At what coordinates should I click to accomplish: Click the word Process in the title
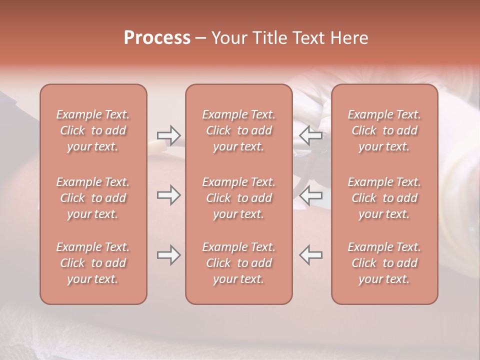pyautogui.click(x=157, y=38)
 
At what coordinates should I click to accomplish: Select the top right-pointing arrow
pyautogui.click(x=168, y=135)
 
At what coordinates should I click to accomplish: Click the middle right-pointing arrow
pyautogui.click(x=168, y=195)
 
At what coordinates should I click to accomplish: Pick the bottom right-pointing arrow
pyautogui.click(x=168, y=255)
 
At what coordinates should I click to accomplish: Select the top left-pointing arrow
pyautogui.click(x=310, y=135)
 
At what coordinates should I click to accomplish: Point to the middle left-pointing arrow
pyautogui.click(x=310, y=195)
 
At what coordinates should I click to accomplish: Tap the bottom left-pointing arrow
pyautogui.click(x=310, y=255)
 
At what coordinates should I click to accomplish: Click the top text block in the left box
pyautogui.click(x=93, y=130)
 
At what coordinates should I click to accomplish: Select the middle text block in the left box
pyautogui.click(x=93, y=198)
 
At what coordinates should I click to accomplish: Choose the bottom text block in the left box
pyautogui.click(x=93, y=263)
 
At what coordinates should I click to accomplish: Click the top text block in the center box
pyautogui.click(x=239, y=130)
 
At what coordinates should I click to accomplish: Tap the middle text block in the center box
pyautogui.click(x=239, y=198)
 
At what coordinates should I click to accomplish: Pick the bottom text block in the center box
pyautogui.click(x=239, y=263)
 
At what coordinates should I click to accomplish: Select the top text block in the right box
pyautogui.click(x=384, y=130)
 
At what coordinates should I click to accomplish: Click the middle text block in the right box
pyautogui.click(x=384, y=198)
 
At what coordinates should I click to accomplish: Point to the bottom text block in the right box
pyautogui.click(x=384, y=263)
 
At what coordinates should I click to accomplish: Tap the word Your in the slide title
pyautogui.click(x=227, y=38)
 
